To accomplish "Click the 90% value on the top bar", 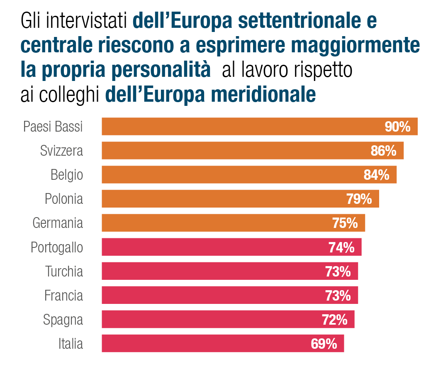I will click(x=397, y=127).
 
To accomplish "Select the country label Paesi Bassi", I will click(x=53, y=127).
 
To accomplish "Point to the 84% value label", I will click(x=376, y=175).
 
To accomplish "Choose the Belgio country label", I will click(x=67, y=175).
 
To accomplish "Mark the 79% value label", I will click(x=359, y=199).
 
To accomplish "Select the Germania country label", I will click(x=58, y=223).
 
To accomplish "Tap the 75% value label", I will click(x=345, y=223).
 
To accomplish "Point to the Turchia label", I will click(x=64, y=272).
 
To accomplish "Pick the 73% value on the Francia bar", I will click(x=338, y=296).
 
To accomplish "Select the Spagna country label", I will click(x=63, y=320).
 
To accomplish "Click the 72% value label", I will click(x=334, y=320).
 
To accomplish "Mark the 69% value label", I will click(x=324, y=344).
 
